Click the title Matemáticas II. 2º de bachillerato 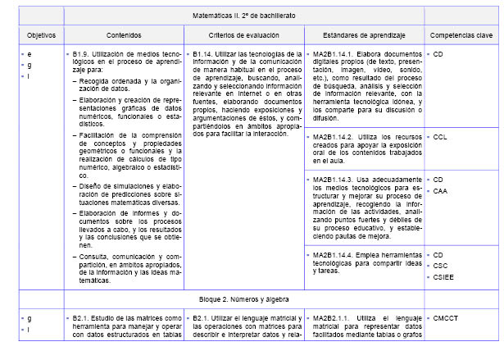(x=256, y=15)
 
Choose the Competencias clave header (x=461, y=35)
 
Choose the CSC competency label (x=440, y=266)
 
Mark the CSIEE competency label (x=443, y=277)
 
